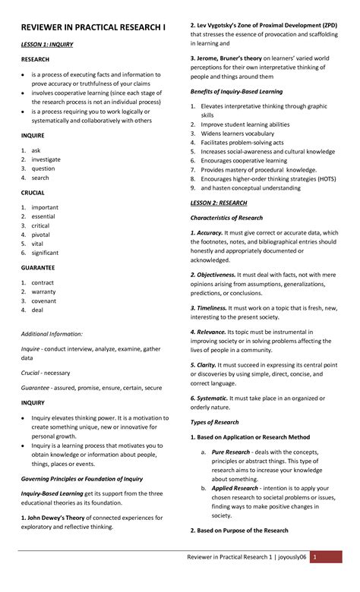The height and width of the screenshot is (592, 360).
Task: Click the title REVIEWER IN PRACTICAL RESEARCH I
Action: pyautogui.click(x=93, y=27)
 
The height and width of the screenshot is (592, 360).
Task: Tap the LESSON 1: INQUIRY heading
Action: pyautogui.click(x=47, y=45)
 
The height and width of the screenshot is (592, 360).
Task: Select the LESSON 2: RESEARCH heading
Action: pyautogui.click(x=218, y=203)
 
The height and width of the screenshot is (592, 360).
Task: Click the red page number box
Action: pyautogui.click(x=315, y=557)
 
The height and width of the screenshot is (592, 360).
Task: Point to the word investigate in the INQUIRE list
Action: pyautogui.click(x=46, y=159)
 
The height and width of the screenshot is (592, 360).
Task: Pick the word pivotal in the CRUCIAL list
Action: pyautogui.click(x=41, y=235)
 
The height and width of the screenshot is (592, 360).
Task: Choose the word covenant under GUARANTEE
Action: pyautogui.click(x=45, y=301)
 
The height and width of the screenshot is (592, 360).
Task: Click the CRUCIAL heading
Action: pyautogui.click(x=33, y=193)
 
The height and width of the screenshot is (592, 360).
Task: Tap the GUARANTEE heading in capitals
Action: pyautogui.click(x=38, y=268)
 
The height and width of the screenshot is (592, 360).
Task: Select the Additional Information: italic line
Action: pyautogui.click(x=52, y=334)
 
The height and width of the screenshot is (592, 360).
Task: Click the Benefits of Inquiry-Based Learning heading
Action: pyautogui.click(x=235, y=92)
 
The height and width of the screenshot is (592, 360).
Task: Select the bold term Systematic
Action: pyautogui.click(x=212, y=398)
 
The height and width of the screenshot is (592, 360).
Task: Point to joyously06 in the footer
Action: pyautogui.click(x=292, y=557)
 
